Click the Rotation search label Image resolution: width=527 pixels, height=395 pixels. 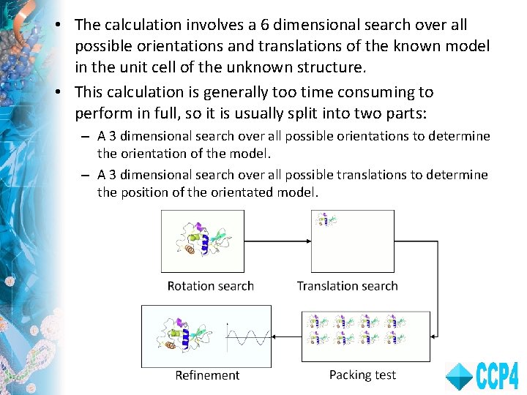[210, 286]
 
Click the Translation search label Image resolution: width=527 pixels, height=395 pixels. [347, 286]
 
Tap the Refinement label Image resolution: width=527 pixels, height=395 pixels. [207, 375]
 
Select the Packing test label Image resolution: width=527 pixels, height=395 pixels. [362, 375]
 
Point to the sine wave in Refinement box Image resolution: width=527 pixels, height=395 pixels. [247, 338]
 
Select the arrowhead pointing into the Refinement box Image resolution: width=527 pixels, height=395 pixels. [276, 336]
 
